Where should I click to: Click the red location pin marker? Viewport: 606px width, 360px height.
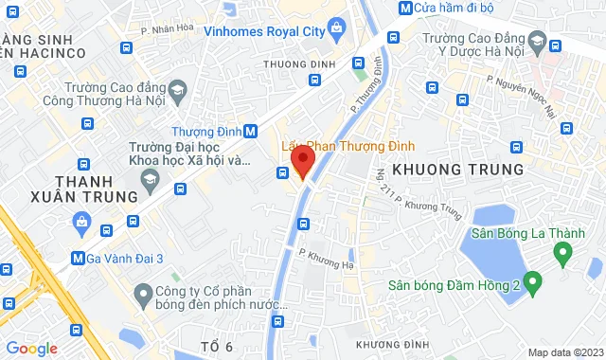pyautogui.click(x=301, y=162)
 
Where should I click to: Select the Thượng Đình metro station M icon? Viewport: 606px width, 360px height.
pyautogui.click(x=251, y=132)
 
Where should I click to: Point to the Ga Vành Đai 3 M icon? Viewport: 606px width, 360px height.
pyautogui.click(x=79, y=258)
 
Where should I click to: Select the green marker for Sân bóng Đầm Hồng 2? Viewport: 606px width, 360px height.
pyautogui.click(x=532, y=281)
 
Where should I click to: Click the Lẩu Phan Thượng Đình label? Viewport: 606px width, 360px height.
pyautogui.click(x=348, y=148)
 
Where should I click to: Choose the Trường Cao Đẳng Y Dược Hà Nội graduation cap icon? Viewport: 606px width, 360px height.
pyautogui.click(x=537, y=44)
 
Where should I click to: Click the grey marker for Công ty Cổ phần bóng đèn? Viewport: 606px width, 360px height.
pyautogui.click(x=144, y=292)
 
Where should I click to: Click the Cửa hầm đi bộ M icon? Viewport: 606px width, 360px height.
pyautogui.click(x=405, y=8)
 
